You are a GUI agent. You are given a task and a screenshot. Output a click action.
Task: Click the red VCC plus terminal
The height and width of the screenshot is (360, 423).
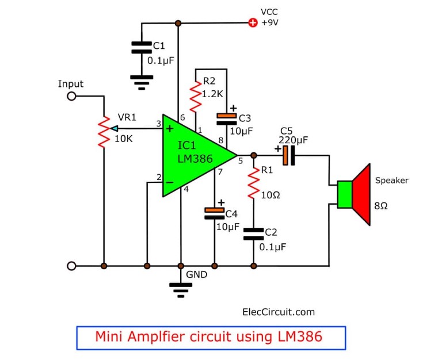(253, 22)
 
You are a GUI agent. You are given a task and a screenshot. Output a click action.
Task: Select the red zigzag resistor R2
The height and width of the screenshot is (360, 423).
(196, 96)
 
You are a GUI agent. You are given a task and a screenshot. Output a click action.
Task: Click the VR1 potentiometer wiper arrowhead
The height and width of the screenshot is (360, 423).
(114, 129)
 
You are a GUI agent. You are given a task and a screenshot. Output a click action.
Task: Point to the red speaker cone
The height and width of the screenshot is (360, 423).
(361, 194)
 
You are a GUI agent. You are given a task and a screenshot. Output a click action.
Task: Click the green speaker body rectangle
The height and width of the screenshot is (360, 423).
(345, 194)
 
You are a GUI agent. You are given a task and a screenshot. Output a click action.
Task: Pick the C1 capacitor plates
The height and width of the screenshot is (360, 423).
(142, 48)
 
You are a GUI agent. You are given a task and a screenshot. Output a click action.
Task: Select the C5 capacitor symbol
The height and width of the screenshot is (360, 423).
(289, 155)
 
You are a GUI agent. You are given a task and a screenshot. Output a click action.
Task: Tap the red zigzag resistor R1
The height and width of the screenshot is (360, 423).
(253, 183)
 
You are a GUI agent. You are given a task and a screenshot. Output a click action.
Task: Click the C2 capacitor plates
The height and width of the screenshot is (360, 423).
(254, 234)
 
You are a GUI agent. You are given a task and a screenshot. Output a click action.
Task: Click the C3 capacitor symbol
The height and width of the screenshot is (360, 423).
(227, 119)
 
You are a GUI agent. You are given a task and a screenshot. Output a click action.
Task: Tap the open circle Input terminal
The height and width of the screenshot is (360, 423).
(71, 96)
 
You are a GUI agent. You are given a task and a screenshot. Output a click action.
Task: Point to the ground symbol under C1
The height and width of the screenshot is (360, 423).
(142, 82)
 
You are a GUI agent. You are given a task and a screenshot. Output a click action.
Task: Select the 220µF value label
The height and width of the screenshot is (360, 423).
(294, 140)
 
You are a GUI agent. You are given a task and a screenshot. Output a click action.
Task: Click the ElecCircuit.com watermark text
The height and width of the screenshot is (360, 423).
(279, 312)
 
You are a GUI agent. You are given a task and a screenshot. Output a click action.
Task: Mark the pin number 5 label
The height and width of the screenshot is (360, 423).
(241, 161)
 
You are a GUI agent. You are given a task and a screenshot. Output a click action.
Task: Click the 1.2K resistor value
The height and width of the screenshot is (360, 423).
(212, 94)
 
